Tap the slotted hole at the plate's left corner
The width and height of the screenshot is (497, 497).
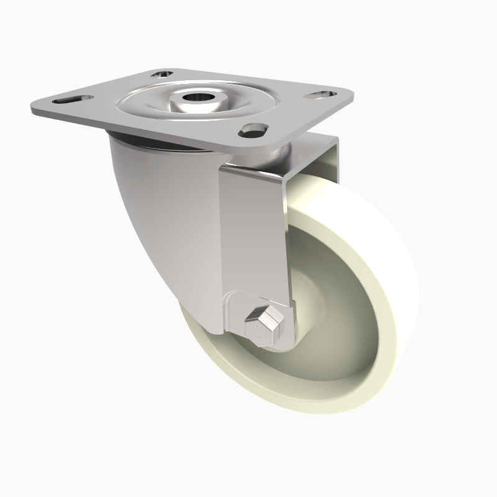69,99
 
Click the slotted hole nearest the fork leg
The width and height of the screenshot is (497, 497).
254,130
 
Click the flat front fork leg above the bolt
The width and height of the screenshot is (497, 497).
252,236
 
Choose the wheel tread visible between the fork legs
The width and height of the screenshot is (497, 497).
311,186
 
